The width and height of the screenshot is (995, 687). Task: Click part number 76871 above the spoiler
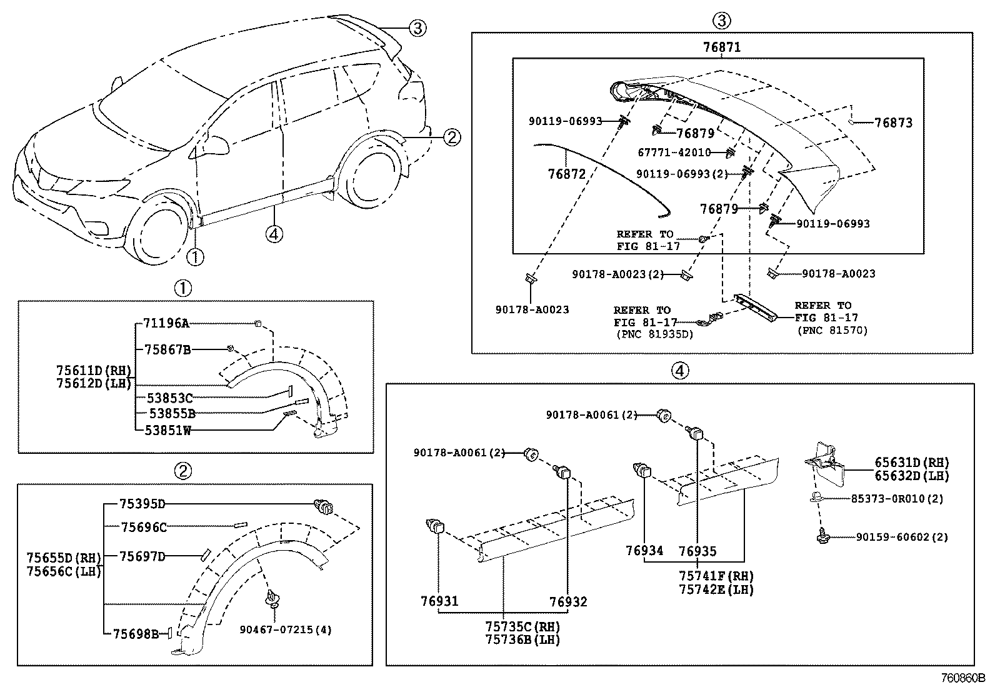pyautogui.click(x=722, y=47)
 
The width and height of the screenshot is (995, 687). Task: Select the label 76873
pyautogui.click(x=893, y=123)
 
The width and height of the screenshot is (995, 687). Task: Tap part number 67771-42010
pyautogui.click(x=674, y=153)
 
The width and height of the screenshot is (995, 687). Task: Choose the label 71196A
pyautogui.click(x=166, y=323)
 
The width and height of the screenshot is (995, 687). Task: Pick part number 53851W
pyautogui.click(x=168, y=430)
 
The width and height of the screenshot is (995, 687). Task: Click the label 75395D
pyautogui.click(x=142, y=504)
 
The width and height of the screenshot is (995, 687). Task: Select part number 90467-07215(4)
pyautogui.click(x=286, y=629)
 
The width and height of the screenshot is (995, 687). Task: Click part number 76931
pyautogui.click(x=439, y=601)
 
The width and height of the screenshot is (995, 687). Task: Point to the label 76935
pyautogui.click(x=697, y=551)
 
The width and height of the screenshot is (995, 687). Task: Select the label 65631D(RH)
pyautogui.click(x=911, y=463)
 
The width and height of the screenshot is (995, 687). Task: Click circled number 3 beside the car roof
pyautogui.click(x=417, y=27)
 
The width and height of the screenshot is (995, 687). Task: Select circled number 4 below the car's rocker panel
pyautogui.click(x=274, y=234)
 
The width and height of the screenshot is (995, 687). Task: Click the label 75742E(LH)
pyautogui.click(x=717, y=589)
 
